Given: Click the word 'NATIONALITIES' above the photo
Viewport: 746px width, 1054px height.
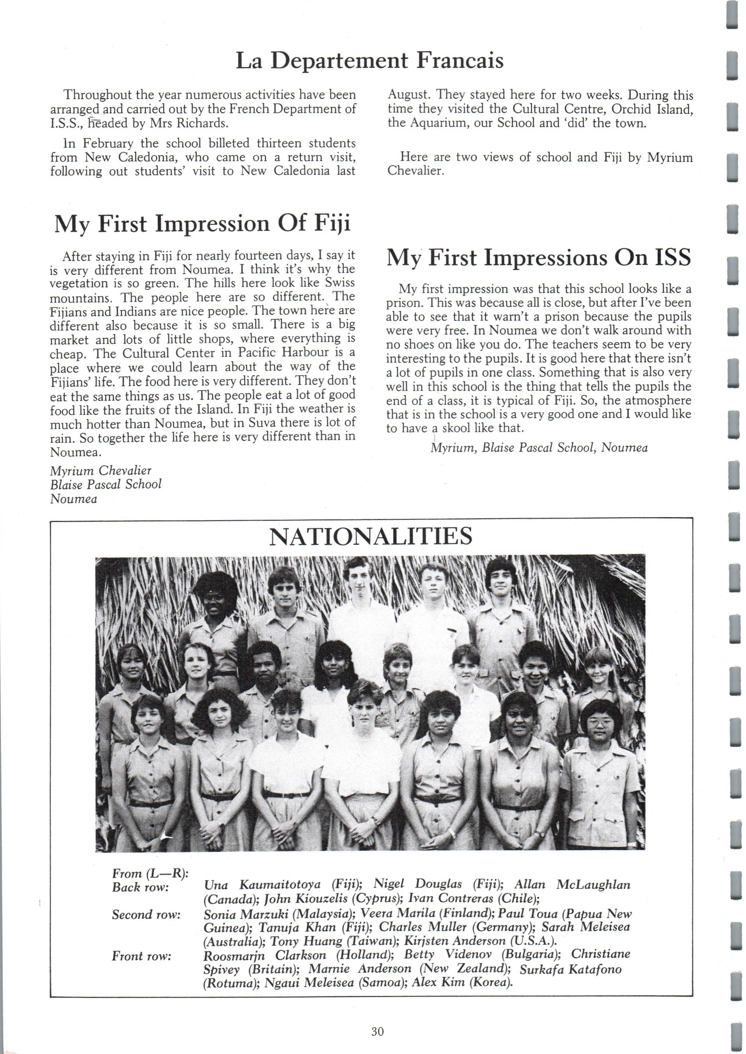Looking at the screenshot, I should pos(370,536).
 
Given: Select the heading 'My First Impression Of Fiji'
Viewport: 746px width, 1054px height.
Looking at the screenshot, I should pos(202,224).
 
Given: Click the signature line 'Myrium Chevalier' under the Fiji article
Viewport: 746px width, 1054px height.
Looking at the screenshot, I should pos(100,471).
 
